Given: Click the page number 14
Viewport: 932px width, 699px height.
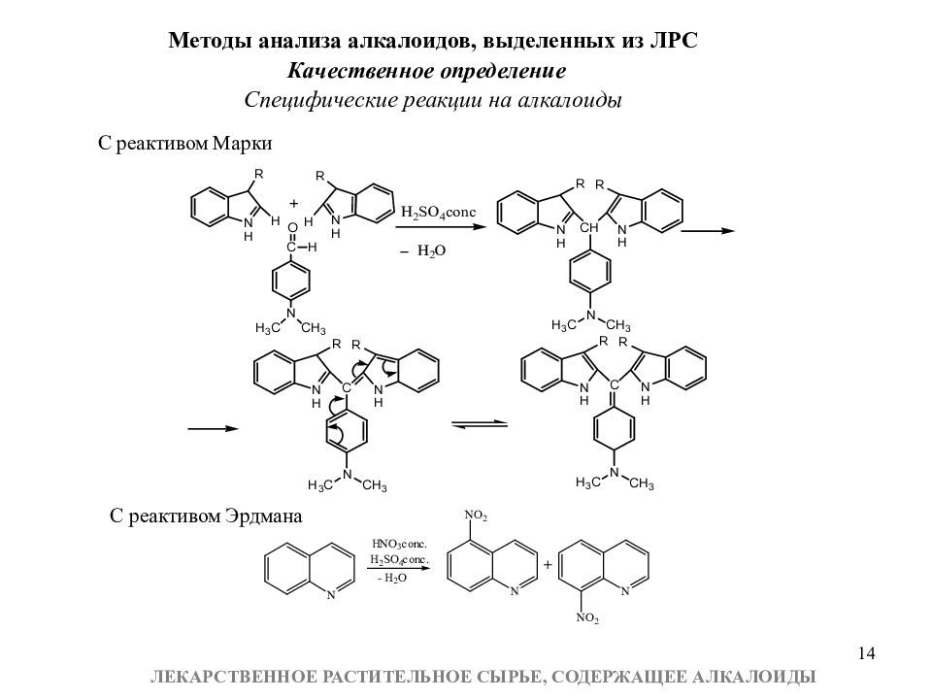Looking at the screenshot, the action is click(x=867, y=653).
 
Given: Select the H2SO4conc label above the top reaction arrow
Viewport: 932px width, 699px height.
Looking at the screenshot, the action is click(x=439, y=213).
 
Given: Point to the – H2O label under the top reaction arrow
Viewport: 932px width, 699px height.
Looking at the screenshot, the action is click(x=422, y=250).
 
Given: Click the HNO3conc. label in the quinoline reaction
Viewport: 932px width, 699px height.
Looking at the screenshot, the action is click(x=399, y=544).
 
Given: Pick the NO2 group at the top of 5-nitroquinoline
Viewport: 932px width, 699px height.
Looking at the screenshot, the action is click(x=476, y=516).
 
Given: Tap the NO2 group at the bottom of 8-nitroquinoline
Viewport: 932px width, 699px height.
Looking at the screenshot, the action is click(x=587, y=618).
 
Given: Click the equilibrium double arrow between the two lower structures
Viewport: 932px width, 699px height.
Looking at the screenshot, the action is click(x=480, y=424).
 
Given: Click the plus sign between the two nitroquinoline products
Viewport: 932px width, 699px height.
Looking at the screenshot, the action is click(x=548, y=564).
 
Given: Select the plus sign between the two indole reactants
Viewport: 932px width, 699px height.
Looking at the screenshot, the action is click(x=293, y=203).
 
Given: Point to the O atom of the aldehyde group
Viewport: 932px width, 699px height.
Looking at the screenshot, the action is click(x=292, y=228).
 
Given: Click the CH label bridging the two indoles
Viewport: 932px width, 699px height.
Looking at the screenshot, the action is click(x=589, y=227).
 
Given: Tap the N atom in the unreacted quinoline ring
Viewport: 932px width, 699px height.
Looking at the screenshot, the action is click(x=331, y=594).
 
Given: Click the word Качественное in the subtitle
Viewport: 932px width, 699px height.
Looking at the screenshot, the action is click(x=360, y=71).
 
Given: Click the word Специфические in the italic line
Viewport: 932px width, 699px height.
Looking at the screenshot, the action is click(x=320, y=100).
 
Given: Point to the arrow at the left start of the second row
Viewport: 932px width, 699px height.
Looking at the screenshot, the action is click(x=213, y=428).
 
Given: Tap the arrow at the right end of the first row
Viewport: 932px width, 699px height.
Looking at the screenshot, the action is click(x=708, y=231).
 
